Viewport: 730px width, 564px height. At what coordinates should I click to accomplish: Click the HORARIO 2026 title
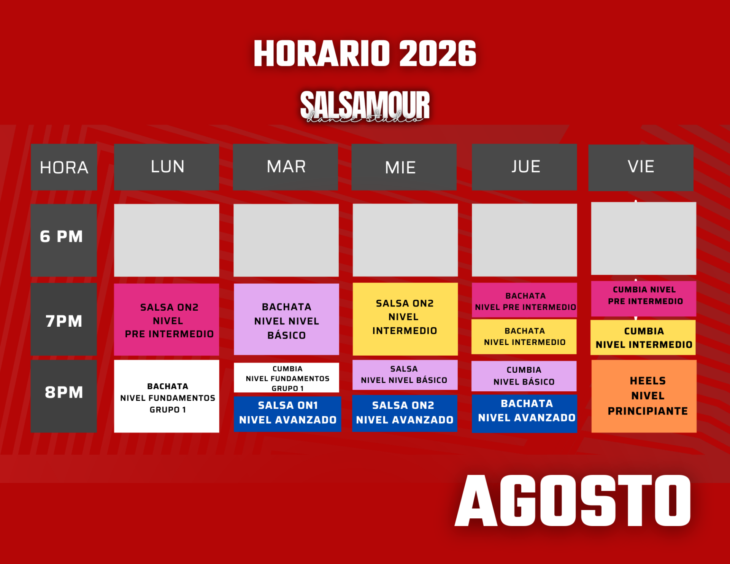[365, 54]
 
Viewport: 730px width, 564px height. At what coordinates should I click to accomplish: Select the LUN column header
[167, 167]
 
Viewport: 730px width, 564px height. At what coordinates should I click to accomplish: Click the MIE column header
[404, 167]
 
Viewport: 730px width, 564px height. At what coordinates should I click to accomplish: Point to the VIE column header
[641, 167]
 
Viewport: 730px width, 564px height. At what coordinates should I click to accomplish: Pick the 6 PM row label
[63, 240]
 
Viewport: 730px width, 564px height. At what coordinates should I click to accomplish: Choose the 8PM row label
[63, 396]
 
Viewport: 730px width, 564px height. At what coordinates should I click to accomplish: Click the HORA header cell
[64, 167]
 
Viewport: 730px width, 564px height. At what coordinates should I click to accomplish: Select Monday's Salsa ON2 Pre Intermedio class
[167, 319]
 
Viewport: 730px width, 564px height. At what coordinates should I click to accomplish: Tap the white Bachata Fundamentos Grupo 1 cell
[167, 396]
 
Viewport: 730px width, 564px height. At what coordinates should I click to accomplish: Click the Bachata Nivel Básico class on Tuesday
[286, 319]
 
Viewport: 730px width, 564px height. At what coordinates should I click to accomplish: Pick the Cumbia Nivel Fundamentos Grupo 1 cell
[286, 378]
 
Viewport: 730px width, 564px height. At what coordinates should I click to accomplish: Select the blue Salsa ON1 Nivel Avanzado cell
[287, 414]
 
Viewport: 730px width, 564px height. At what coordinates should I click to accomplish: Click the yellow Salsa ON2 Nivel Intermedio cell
[405, 319]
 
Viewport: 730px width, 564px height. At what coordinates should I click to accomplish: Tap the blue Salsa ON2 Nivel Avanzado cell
[405, 413]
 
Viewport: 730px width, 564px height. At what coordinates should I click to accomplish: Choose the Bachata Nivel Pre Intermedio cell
[524, 300]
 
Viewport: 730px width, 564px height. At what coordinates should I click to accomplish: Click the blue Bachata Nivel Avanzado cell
[524, 413]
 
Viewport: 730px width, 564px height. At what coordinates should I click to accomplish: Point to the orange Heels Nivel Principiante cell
[644, 396]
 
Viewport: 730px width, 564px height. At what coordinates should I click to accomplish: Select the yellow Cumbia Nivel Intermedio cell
[643, 337]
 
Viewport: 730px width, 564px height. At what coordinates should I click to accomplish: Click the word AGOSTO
[573, 501]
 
